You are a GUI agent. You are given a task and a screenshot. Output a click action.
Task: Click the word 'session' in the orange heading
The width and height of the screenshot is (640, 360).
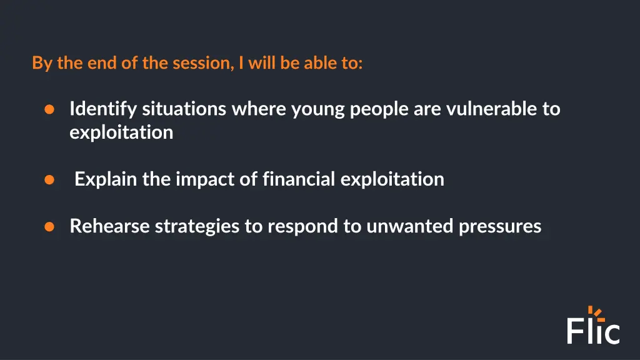click(201, 64)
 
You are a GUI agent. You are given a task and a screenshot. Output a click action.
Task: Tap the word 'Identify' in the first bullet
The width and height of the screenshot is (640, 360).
click(103, 109)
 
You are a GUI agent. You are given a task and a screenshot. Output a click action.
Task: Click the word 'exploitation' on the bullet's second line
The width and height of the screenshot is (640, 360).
click(121, 132)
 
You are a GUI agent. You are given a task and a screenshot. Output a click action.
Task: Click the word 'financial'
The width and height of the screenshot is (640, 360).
click(299, 180)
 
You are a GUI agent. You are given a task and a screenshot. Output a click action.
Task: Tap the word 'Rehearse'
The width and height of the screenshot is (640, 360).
click(109, 226)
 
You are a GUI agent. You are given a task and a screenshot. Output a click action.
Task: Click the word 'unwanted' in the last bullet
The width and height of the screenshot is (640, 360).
click(410, 226)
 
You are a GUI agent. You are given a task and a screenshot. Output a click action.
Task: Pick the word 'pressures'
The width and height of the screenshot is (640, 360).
click(500, 226)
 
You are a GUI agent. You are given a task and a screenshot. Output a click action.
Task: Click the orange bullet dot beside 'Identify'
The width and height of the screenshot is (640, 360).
click(49, 110)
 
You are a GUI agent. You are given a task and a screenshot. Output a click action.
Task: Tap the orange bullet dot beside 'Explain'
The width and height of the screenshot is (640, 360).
click(49, 180)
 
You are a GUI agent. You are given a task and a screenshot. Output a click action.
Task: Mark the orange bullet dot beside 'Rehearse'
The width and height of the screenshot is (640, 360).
click(49, 226)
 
